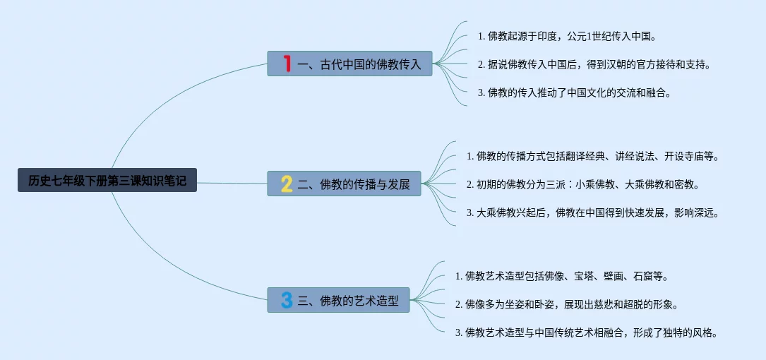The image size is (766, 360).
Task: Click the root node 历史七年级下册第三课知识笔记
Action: [x=107, y=180]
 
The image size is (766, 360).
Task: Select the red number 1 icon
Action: [x=287, y=64]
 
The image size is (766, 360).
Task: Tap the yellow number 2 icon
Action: [x=287, y=184]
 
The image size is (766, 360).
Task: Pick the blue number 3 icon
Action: [x=287, y=301]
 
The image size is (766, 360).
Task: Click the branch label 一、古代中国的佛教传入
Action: [x=359, y=64]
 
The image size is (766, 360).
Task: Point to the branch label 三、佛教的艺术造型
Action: [x=348, y=301]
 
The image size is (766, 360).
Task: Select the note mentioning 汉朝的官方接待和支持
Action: [x=593, y=64]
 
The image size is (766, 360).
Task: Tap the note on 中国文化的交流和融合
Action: [x=573, y=92]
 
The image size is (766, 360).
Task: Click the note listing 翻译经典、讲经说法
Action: [x=592, y=156]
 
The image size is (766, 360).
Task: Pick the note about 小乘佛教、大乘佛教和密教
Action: [x=582, y=185]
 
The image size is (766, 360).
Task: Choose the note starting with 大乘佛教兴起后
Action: [x=592, y=212]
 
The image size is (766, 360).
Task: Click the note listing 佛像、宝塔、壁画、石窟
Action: [x=561, y=276]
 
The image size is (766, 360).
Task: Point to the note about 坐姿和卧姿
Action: [x=567, y=304]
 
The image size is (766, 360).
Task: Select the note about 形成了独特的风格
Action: [x=587, y=332]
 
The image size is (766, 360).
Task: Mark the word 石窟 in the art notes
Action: [x=643, y=276]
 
